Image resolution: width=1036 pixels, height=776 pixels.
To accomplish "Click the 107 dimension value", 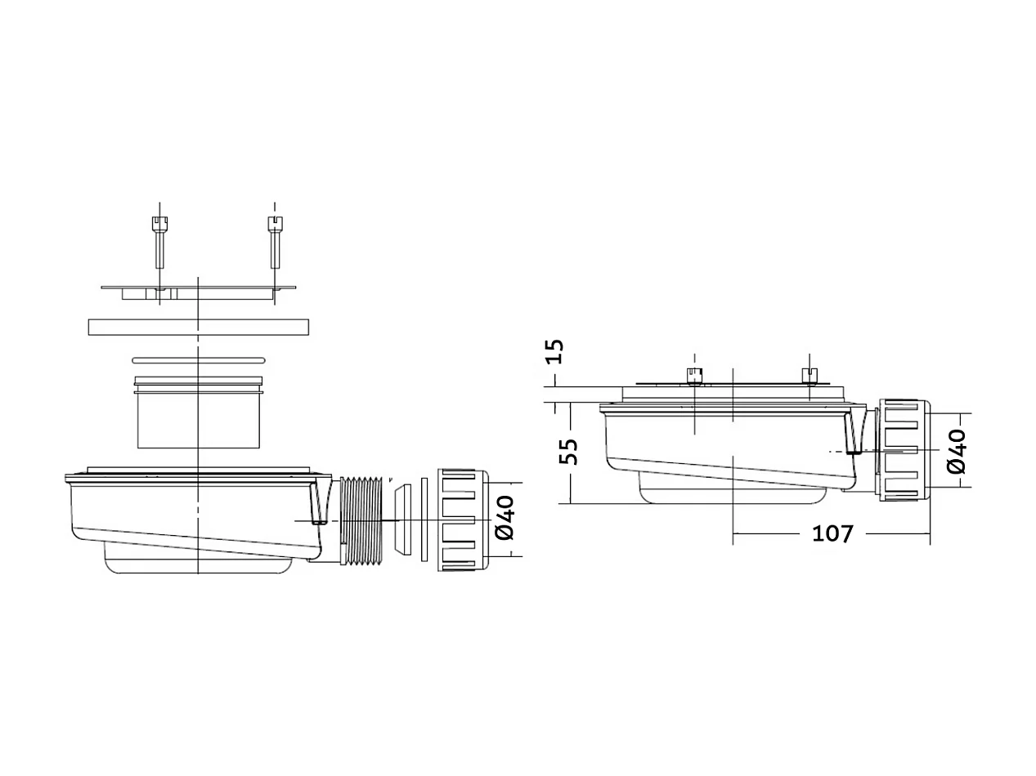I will coord(832,533).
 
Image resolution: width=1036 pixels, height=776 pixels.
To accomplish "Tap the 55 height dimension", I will coord(571,452).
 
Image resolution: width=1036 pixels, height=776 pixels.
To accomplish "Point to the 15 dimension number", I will coord(555,351).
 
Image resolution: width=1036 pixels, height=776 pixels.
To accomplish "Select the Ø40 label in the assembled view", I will coord(957,452).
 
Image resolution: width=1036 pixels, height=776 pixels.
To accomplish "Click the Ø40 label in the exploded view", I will coord(505,518).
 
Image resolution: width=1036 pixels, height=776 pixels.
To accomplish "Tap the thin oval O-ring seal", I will coord(199,359).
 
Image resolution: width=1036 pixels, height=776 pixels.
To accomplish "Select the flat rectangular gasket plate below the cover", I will coord(199,327).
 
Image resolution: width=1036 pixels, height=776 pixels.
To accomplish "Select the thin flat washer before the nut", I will coord(424,520).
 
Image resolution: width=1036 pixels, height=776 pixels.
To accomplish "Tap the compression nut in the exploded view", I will coord(462,520).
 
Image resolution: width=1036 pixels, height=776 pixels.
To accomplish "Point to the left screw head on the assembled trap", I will coord(693,376).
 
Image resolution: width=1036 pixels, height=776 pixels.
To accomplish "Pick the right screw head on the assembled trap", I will coord(810,376).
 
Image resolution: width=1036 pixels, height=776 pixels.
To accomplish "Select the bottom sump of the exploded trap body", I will coord(199,564).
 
